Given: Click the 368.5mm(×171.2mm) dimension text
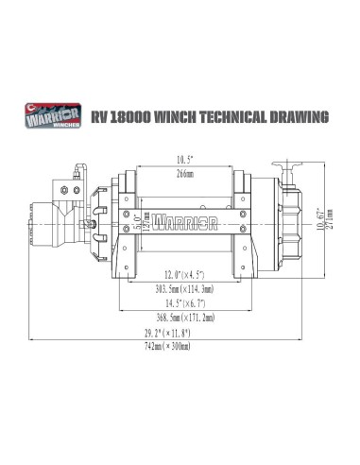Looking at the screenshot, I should tap(180, 319).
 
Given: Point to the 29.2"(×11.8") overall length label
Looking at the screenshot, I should tap(180, 334).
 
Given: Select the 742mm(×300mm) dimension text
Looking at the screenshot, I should tap(180, 347).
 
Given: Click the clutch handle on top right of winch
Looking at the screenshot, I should tap(289, 167).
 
